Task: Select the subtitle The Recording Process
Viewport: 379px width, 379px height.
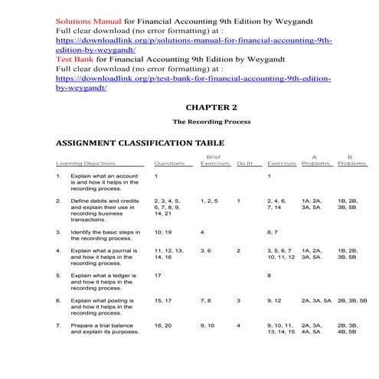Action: click(x=207, y=122)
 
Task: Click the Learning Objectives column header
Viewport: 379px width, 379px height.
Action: click(x=85, y=163)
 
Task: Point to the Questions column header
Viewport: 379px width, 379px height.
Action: click(x=169, y=163)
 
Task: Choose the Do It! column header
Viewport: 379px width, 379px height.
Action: click(x=244, y=163)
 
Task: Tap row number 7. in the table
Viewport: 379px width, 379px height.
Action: click(x=59, y=325)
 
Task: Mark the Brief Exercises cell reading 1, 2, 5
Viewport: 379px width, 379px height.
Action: click(x=209, y=201)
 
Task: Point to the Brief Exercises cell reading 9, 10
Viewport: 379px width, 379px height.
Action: click(x=208, y=325)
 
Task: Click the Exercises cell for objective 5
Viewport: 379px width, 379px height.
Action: click(x=270, y=275)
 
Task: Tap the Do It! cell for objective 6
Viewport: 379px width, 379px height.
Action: click(x=239, y=300)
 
